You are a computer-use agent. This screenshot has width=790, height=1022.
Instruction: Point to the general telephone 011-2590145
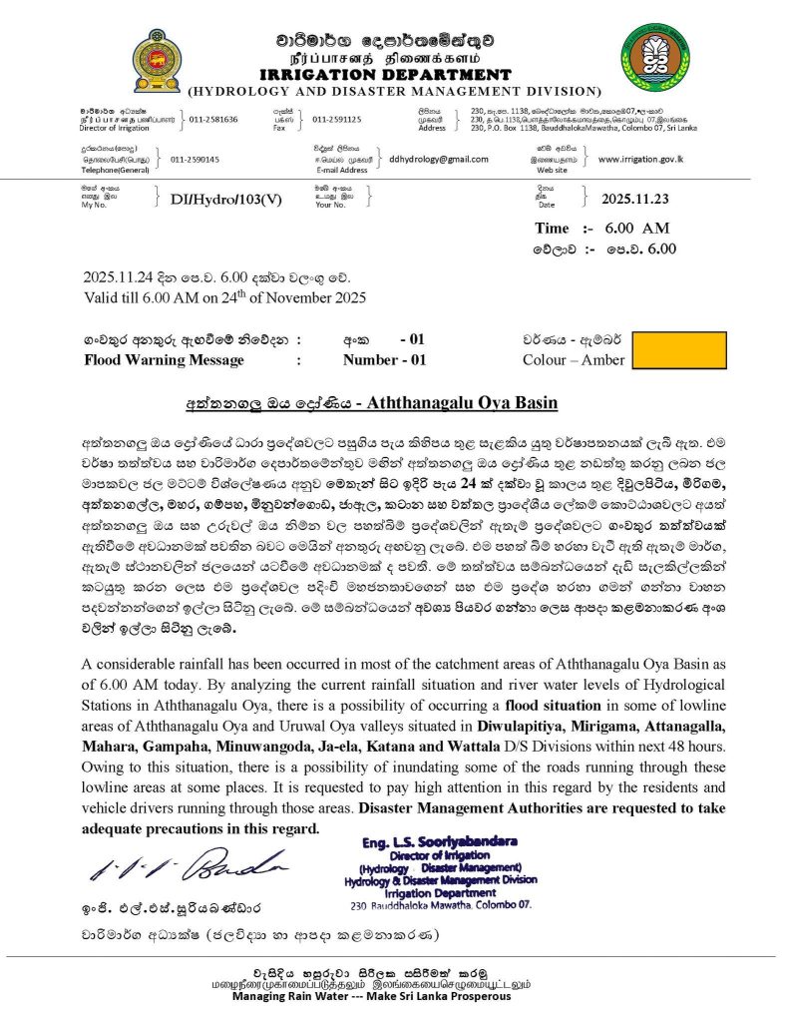tap(196, 159)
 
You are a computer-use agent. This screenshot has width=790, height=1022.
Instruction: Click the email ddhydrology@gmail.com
tap(439, 159)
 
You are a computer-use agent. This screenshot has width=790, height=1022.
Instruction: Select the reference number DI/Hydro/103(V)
tap(226, 199)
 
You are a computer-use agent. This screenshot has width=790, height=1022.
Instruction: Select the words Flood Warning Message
tap(164, 360)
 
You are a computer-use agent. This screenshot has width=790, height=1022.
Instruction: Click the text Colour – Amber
tap(574, 360)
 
